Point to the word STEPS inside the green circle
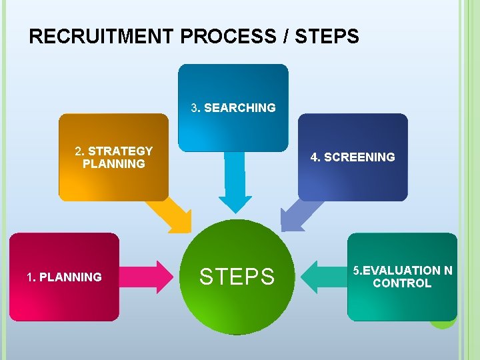point(237,277)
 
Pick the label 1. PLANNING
point(64,277)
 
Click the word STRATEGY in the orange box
point(120,151)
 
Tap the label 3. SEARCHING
point(233,108)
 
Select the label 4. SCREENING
point(353,157)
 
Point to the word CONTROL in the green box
point(402,283)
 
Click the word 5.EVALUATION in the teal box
point(397,271)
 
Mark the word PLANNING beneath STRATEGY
point(114,164)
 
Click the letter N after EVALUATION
point(448,271)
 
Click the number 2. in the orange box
point(79,151)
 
